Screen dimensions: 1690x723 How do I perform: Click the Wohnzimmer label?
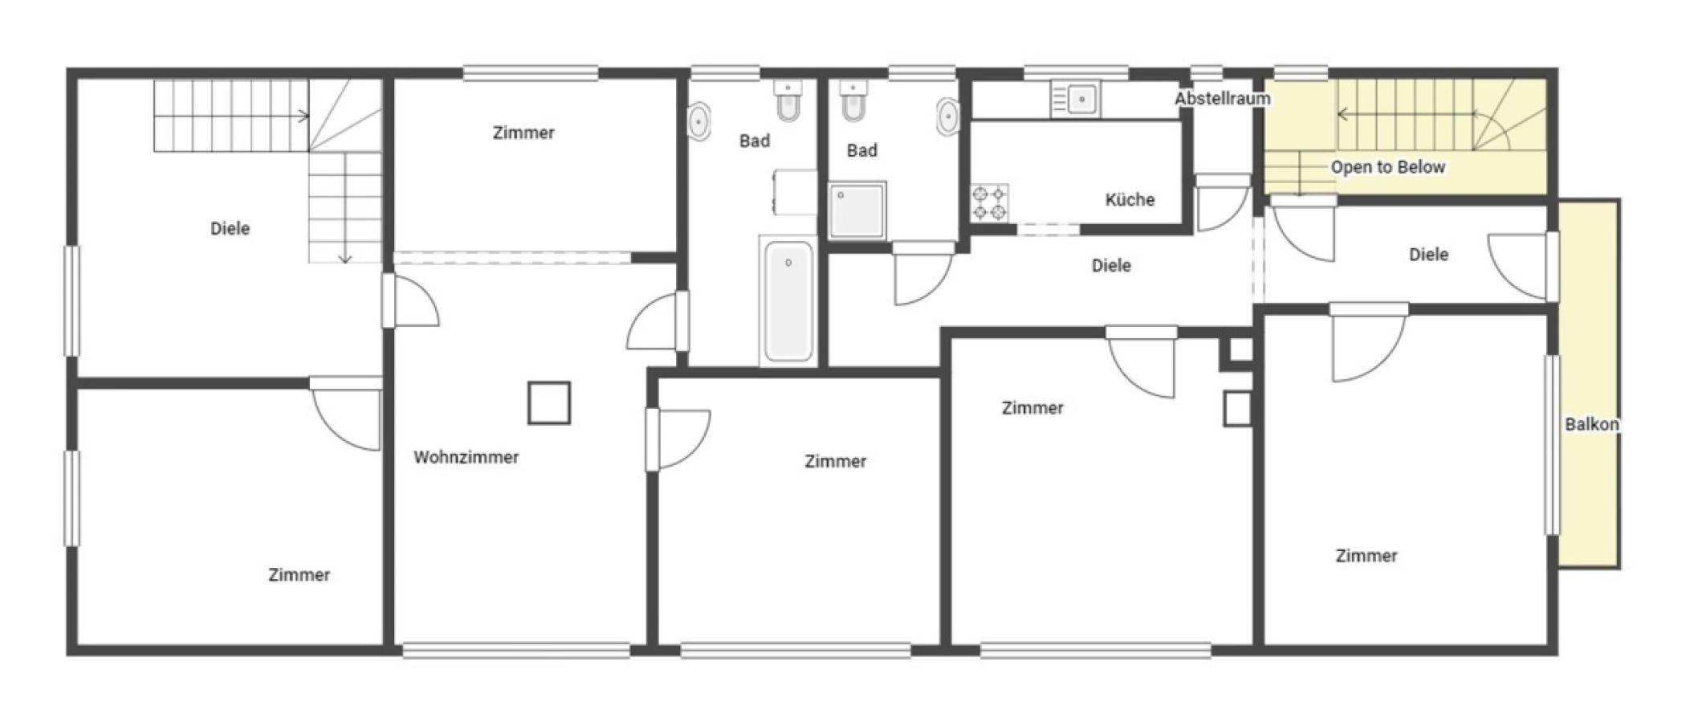[x=466, y=457]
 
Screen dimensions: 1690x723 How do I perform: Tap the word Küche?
[x=1130, y=199]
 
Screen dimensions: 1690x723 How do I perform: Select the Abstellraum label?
[x=1223, y=99]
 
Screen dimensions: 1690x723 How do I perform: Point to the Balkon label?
[x=1591, y=424]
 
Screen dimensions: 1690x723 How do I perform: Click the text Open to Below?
[x=1387, y=167]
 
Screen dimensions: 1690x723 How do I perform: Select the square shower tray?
[x=857, y=210]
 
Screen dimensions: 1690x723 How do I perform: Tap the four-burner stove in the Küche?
[x=989, y=202]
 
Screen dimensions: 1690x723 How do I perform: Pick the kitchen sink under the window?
[x=1076, y=100]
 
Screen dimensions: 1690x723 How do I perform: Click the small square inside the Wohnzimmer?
[x=549, y=402]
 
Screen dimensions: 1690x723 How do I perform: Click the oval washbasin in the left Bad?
[x=699, y=121]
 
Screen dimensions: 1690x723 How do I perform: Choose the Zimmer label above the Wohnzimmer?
[x=523, y=133]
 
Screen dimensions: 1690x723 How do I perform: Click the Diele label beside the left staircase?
[x=230, y=228]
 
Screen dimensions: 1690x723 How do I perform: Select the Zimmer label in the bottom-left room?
[x=299, y=575]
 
